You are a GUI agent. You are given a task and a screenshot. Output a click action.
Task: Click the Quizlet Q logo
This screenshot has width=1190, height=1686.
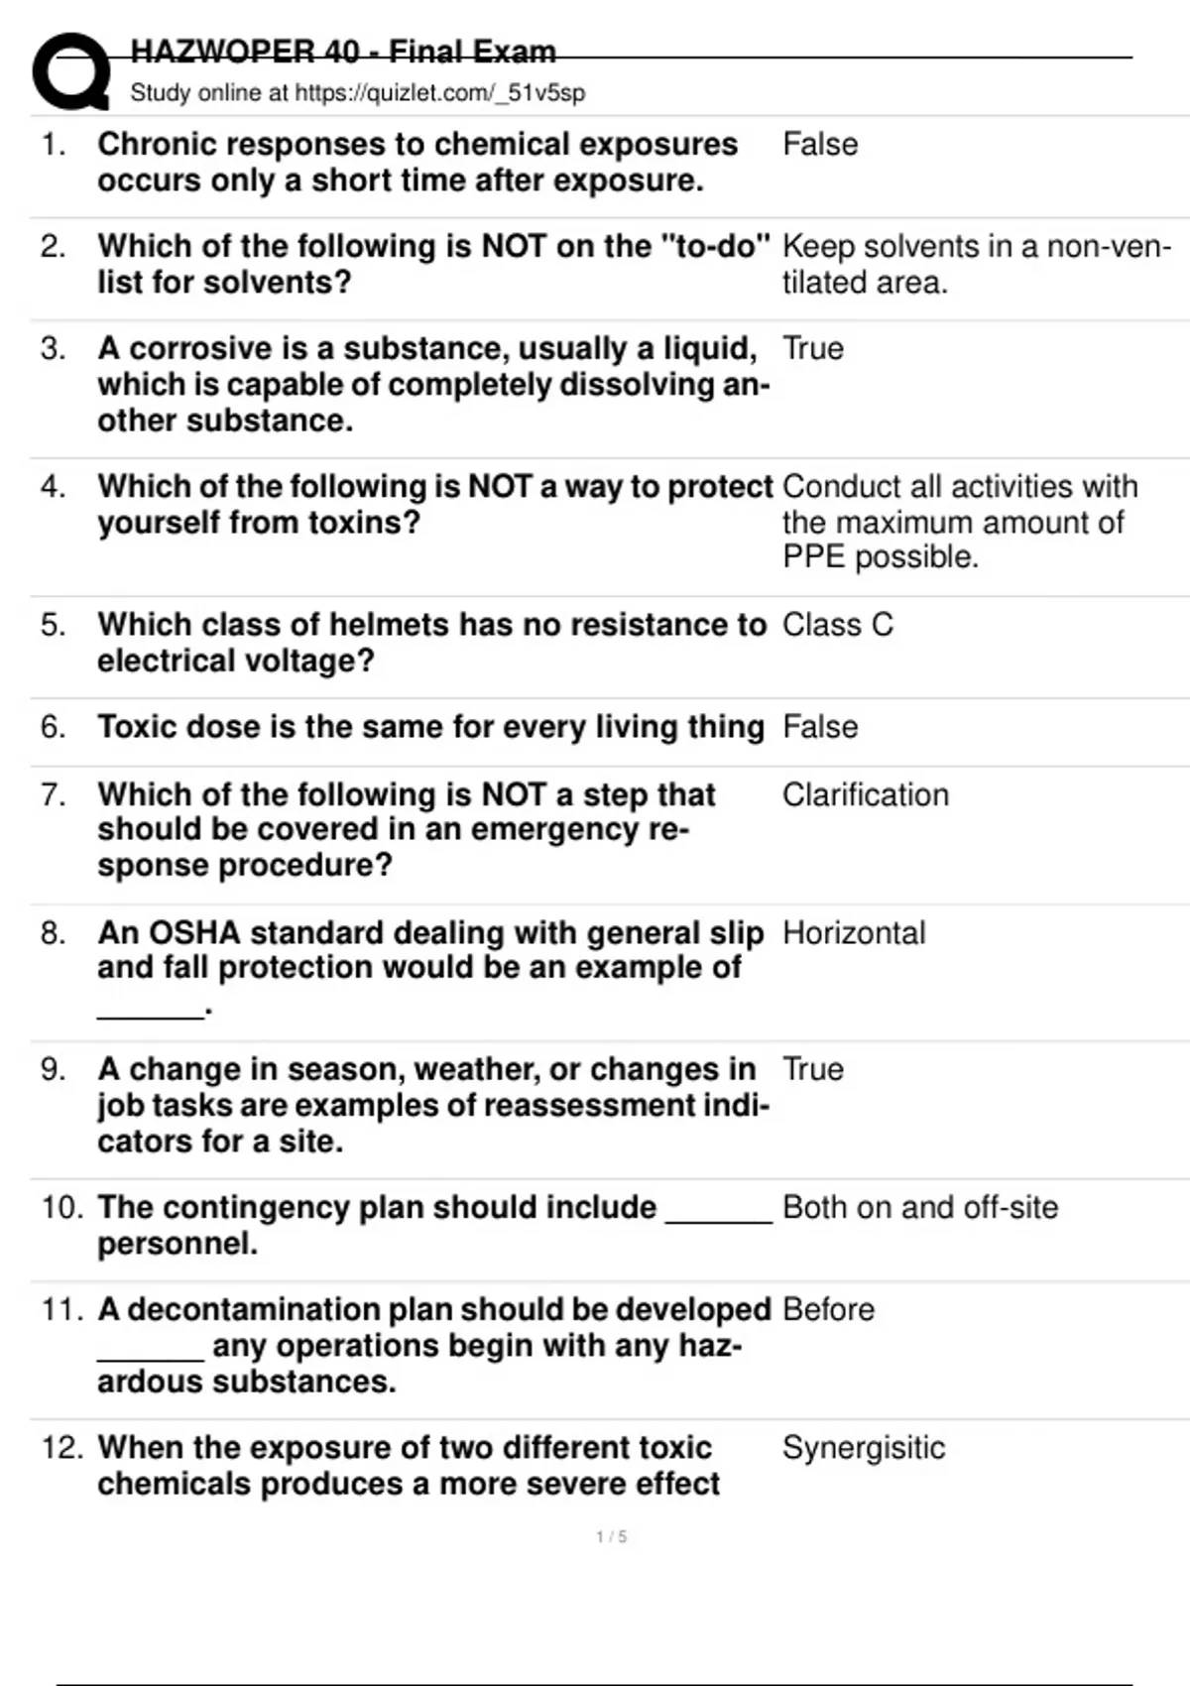70,71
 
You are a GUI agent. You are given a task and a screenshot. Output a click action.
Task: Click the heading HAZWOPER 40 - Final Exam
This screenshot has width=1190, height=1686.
343,52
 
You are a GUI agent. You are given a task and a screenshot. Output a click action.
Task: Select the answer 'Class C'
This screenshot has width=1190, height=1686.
837,625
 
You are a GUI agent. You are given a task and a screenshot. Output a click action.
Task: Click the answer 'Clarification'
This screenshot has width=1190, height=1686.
865,794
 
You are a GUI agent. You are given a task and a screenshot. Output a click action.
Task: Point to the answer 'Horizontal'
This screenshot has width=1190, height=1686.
853,933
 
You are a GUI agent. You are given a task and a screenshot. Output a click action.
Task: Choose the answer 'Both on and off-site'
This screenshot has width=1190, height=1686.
919,1207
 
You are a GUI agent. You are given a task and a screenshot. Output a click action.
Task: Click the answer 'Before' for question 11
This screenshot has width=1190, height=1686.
828,1309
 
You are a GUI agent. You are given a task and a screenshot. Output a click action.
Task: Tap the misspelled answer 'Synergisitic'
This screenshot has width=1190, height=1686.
863,1448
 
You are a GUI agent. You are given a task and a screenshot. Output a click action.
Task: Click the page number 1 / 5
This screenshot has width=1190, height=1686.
611,1537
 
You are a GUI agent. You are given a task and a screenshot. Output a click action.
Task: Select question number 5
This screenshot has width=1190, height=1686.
53,625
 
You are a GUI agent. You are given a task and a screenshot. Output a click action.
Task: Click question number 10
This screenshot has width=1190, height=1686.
61,1207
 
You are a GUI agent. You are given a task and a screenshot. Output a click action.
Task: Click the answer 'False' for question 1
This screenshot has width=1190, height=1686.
819,145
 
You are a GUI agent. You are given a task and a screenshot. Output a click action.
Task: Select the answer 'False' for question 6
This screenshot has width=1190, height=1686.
819,727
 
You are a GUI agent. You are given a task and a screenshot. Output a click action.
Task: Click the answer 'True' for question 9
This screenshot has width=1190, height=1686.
812,1069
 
